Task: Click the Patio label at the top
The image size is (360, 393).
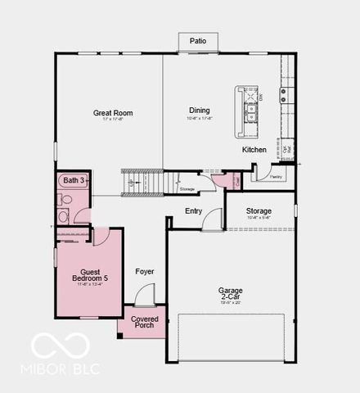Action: pos(198,40)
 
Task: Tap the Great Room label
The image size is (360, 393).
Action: pos(113,113)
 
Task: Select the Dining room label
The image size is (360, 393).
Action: pos(200,111)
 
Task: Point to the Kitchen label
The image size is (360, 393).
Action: pos(254,150)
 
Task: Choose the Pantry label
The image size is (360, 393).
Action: pos(276,176)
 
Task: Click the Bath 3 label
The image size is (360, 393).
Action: pos(73,179)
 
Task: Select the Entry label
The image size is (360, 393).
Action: pos(193,211)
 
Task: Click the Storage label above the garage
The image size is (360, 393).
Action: pos(259,211)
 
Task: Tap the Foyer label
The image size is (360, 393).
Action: pos(144,271)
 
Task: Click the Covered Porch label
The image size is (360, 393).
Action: pos(144,322)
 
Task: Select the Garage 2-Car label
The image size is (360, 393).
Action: pos(230,294)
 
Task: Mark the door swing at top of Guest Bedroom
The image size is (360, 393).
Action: pos(100,237)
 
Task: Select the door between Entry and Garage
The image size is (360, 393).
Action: pos(213,219)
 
